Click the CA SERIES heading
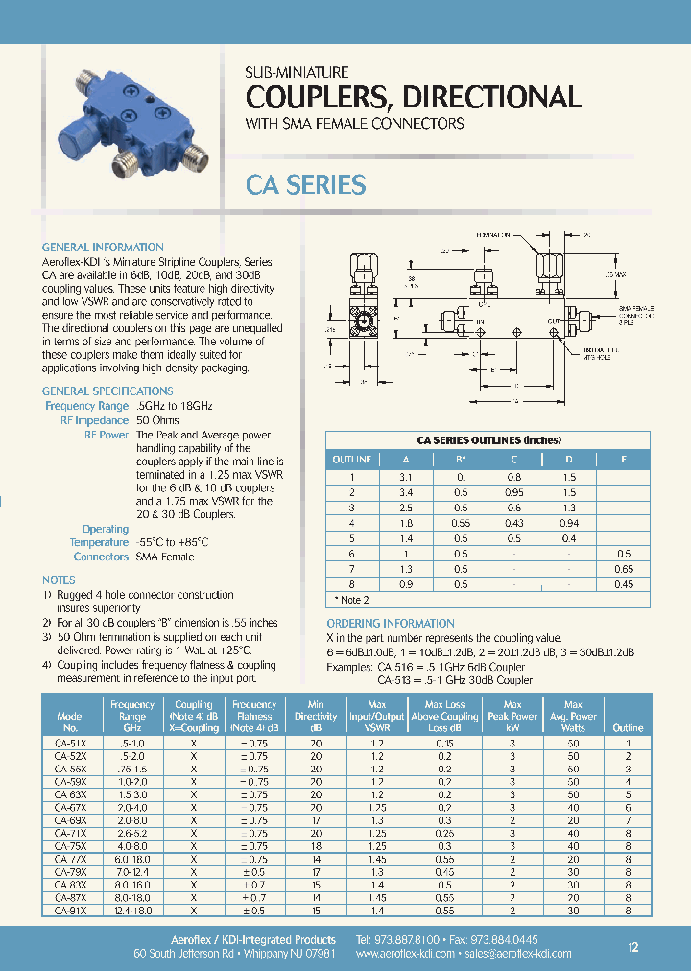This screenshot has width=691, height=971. coord(306,184)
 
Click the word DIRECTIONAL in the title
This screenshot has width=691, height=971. coord(477,97)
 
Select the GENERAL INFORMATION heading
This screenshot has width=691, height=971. coord(103,248)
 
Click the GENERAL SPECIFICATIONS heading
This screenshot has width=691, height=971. coord(107,391)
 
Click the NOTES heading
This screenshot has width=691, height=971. coord(59,580)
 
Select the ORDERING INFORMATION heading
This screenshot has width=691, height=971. coord(391,624)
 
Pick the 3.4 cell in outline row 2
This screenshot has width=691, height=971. coord(406,492)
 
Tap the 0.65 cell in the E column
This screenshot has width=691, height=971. coord(623,569)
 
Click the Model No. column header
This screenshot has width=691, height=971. coord(71,722)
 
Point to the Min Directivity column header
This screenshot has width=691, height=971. coord(316,716)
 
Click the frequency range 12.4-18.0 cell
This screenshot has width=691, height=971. coord(132,910)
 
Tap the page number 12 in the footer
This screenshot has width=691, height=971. coord(632,947)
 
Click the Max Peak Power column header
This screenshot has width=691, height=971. coord(512,716)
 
